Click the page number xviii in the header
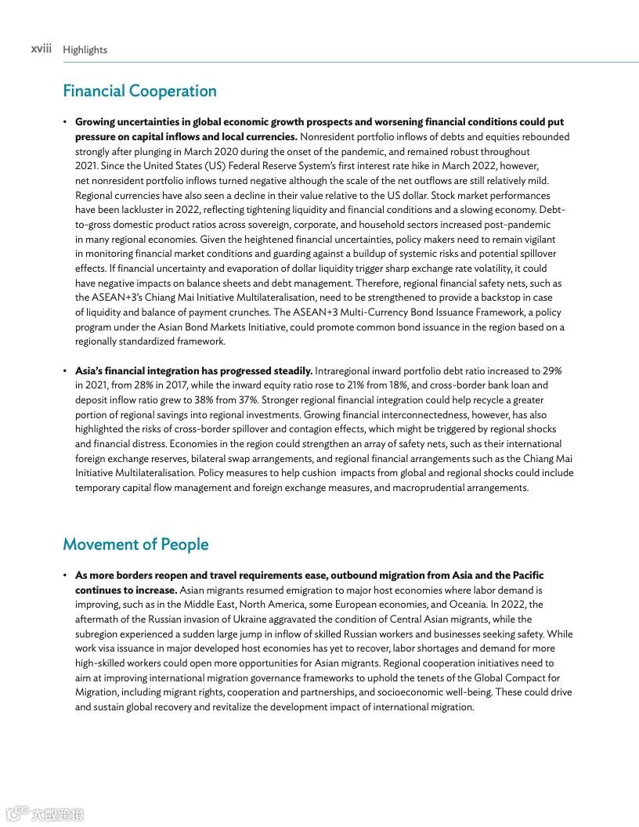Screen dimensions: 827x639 pos(41,49)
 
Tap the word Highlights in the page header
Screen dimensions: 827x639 pos(85,50)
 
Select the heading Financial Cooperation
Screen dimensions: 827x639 pos(139,91)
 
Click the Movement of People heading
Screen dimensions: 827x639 pos(135,544)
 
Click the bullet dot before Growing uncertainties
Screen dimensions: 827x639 pos(66,122)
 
